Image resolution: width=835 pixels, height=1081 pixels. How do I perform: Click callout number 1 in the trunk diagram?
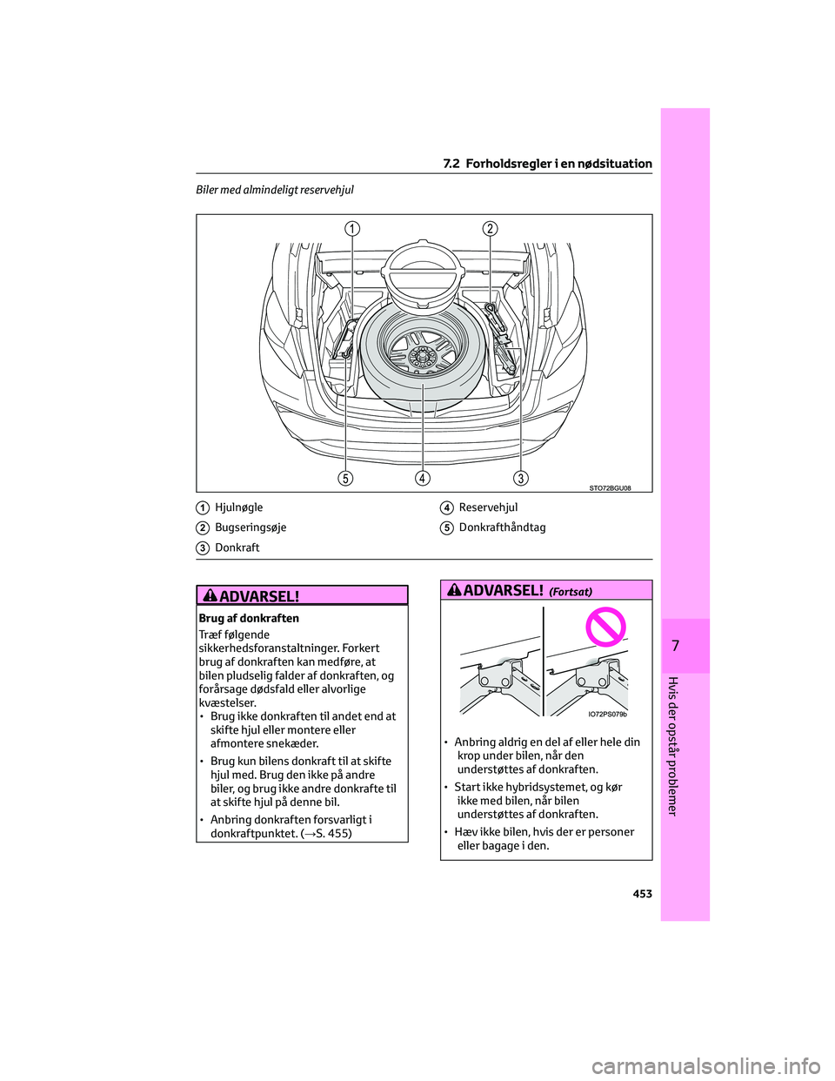click(x=352, y=229)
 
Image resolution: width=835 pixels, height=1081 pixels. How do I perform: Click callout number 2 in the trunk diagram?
click(x=491, y=229)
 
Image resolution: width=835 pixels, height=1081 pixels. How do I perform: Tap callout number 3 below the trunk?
click(x=521, y=478)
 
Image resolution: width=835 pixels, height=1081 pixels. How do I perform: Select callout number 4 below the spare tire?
click(x=423, y=478)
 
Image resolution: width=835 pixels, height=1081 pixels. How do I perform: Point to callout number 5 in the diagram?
click(x=346, y=478)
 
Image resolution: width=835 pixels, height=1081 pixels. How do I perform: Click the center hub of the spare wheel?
click(x=423, y=355)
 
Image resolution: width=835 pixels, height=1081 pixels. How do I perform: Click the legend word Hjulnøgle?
click(x=238, y=507)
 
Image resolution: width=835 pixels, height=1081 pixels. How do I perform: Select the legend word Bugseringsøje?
click(x=250, y=527)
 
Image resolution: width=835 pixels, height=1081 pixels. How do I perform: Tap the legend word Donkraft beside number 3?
click(x=237, y=547)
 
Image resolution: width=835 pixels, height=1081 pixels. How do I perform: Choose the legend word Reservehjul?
click(x=488, y=507)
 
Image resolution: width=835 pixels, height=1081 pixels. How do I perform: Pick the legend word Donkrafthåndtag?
click(x=502, y=527)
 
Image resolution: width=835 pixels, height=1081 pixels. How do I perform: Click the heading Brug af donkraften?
click(x=249, y=618)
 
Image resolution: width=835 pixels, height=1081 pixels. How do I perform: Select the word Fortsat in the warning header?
click(x=571, y=592)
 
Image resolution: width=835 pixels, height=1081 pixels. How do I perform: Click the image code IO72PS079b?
click(x=607, y=714)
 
